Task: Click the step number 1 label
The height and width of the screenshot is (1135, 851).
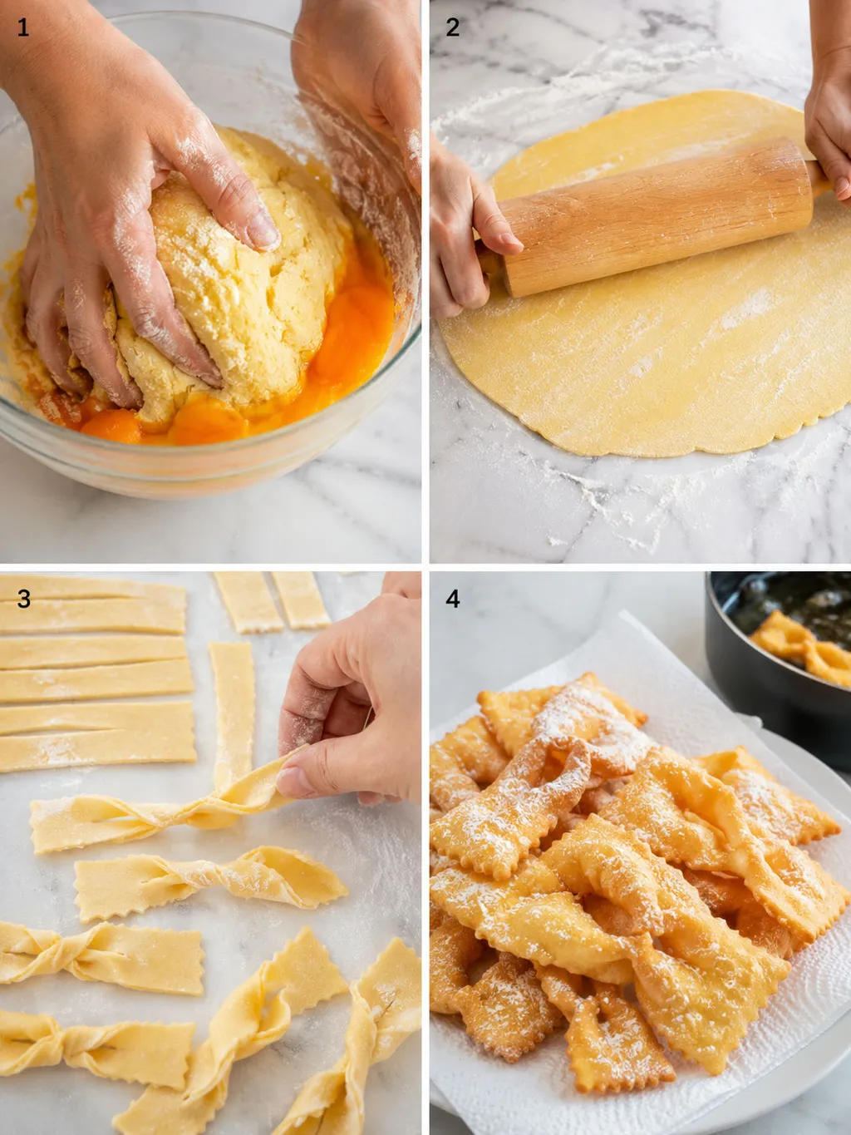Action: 22,28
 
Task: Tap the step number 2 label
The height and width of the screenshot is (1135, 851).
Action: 453,28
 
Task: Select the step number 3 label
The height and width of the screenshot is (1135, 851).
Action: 24,599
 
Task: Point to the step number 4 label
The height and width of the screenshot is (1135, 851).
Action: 453,599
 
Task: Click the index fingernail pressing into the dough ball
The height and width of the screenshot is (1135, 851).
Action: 263,231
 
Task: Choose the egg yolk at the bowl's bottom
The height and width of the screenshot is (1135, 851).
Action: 207,425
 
